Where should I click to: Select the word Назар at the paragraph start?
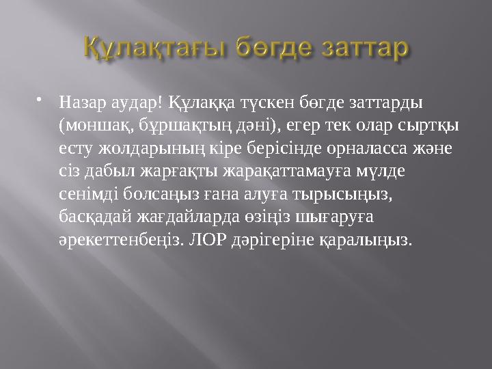click(80, 102)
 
